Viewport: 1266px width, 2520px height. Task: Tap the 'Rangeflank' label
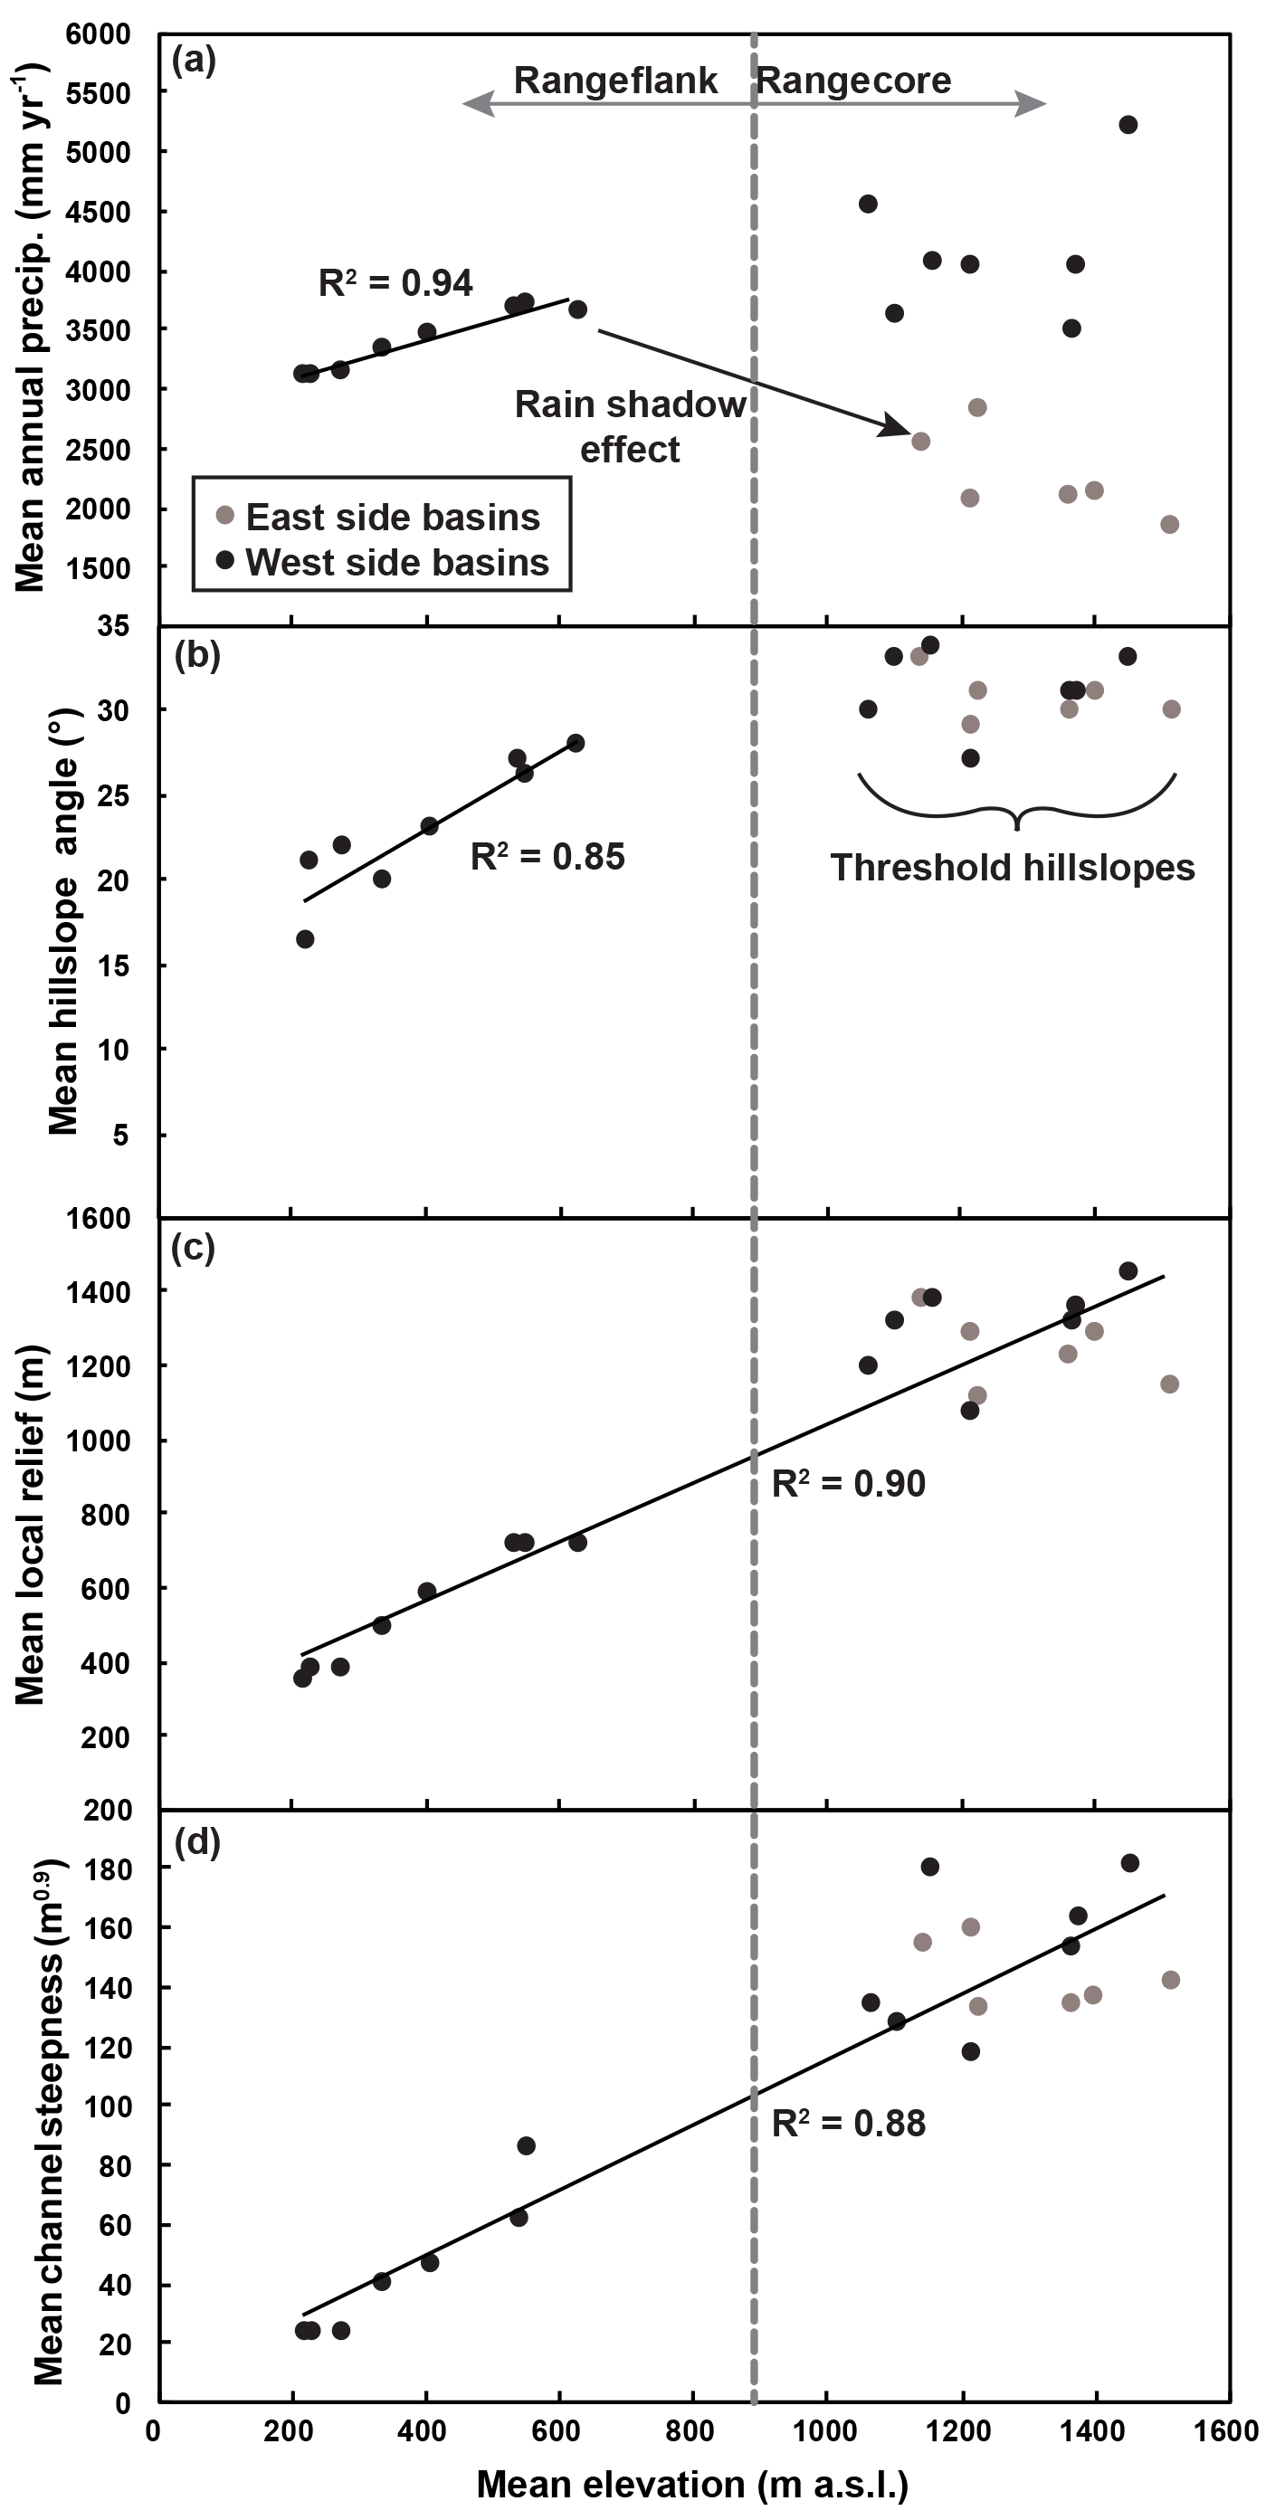point(615,81)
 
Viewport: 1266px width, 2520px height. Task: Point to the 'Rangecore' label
point(854,81)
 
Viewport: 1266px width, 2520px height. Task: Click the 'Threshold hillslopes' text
point(1013,868)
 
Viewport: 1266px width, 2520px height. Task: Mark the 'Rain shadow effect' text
point(630,426)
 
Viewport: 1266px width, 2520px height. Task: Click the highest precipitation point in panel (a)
point(1128,124)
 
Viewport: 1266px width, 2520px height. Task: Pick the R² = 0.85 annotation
point(547,856)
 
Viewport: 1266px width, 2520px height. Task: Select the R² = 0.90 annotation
point(848,1484)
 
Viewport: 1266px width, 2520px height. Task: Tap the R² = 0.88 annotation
point(848,2124)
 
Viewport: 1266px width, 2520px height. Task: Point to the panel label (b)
point(196,654)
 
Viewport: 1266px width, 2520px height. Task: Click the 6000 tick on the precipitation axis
point(98,34)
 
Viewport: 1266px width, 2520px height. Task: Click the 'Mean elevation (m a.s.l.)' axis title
point(692,2484)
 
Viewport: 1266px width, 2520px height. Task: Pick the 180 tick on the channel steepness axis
point(109,1869)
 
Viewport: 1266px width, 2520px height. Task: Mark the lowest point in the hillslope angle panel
point(305,939)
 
